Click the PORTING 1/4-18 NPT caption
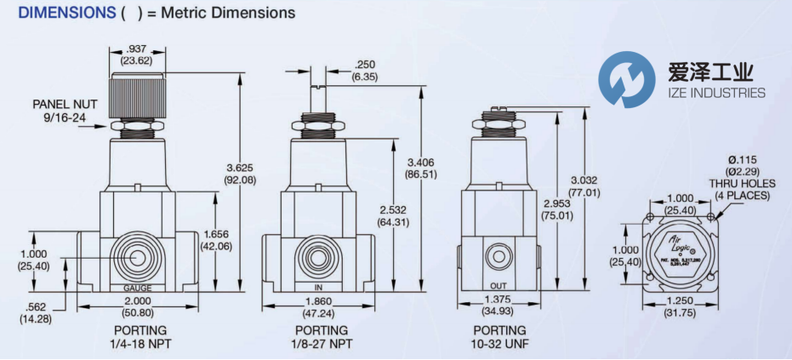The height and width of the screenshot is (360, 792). [140, 336]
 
